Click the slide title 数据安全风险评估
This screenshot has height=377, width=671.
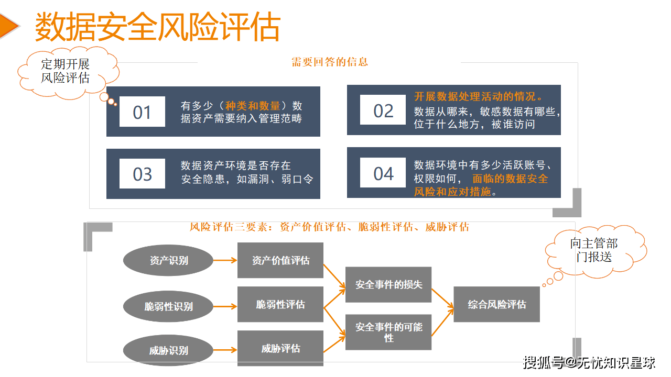pos(157,27)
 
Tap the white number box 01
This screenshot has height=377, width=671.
pos(142,112)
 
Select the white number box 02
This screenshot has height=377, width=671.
pos(383,110)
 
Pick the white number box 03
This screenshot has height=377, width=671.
pos(142,173)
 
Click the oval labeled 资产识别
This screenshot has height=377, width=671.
pos(168,260)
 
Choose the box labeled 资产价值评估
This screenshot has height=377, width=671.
pos(280,260)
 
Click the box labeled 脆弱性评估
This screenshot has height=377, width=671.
pos(280,304)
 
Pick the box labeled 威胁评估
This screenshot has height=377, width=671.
pos(280,348)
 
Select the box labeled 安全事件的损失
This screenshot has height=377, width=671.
pos(388,285)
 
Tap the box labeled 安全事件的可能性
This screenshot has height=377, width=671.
pos(388,332)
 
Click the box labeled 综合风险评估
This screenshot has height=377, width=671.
pos(496,304)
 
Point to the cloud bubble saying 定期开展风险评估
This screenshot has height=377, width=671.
pos(66,72)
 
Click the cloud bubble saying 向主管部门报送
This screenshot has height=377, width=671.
pos(594,250)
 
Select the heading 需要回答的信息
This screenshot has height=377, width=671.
pos(330,62)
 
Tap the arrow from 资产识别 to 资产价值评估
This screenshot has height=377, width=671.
pos(225,260)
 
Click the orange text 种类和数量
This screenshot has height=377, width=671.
pos(253,106)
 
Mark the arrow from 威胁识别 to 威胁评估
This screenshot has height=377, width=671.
pos(225,349)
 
